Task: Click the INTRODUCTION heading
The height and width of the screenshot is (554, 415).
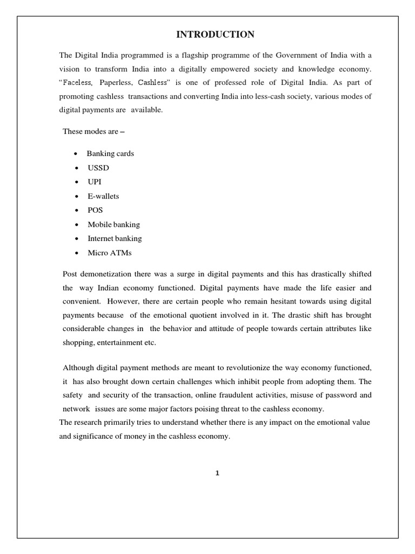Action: coord(215,35)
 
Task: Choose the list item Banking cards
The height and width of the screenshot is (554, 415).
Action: coord(110,154)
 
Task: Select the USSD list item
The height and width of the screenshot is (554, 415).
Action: coord(98,168)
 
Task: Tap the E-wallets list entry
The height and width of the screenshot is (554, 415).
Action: coord(103,196)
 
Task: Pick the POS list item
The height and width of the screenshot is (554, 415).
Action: coord(95,210)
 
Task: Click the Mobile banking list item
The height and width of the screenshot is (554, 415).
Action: coord(113,224)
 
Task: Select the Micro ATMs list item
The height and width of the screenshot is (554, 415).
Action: coord(110,253)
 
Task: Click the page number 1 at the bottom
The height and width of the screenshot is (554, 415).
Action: coord(217,473)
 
